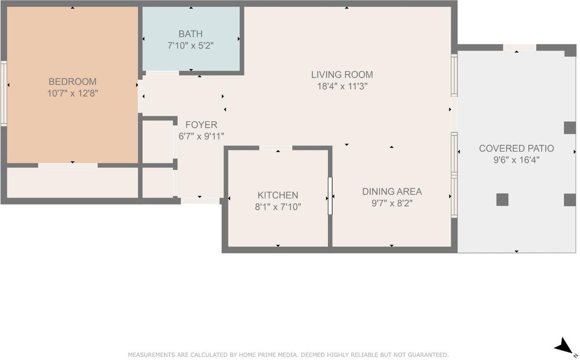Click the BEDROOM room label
[72, 82]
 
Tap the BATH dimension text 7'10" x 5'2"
[191, 46]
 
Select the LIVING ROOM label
[342, 75]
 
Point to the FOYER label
[201, 125]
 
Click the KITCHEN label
[278, 195]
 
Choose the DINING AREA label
[392, 192]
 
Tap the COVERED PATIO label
[517, 148]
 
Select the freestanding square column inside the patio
[503, 200]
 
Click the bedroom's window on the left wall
[4, 94]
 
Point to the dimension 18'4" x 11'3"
[342, 86]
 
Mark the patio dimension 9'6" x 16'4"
[516, 160]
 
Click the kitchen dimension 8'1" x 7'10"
[278, 207]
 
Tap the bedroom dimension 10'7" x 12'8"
[72, 93]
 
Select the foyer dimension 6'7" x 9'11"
[201, 136]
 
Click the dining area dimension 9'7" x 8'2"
[392, 203]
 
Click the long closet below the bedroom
[72, 183]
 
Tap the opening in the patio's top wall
[520, 48]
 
